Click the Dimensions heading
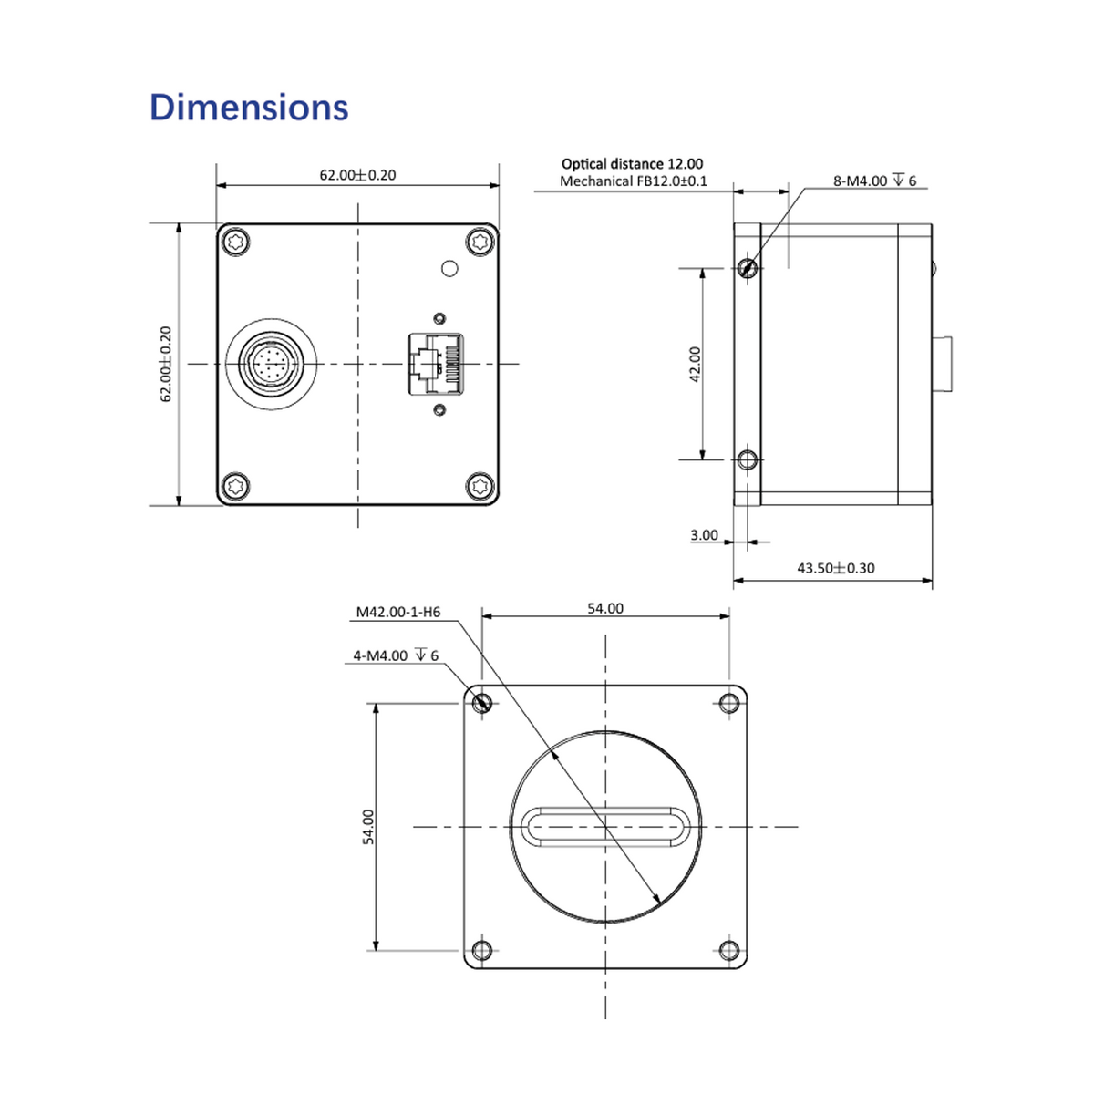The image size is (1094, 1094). [x=249, y=107]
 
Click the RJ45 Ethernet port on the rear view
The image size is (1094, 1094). [x=436, y=364]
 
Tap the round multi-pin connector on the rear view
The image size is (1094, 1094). [x=272, y=364]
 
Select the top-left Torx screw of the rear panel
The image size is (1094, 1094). [x=235, y=242]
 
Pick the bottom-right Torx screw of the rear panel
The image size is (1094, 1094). [x=480, y=486]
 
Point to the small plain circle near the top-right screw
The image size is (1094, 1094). [x=449, y=269]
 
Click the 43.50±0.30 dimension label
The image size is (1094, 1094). [x=836, y=568]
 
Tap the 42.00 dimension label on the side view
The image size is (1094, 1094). [x=696, y=364]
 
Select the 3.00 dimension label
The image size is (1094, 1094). [x=704, y=535]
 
